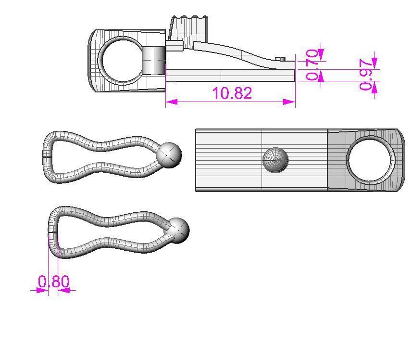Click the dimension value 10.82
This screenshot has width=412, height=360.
[x=232, y=93]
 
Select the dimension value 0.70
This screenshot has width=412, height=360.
[x=312, y=64]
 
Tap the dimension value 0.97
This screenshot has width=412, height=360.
[x=368, y=75]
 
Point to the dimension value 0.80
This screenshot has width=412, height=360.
[x=54, y=281]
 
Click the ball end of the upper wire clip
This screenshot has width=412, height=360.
[x=170, y=154]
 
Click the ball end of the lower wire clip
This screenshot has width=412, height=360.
[x=177, y=230]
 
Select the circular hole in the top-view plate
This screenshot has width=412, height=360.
[x=370, y=160]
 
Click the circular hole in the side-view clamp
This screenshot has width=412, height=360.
[x=121, y=61]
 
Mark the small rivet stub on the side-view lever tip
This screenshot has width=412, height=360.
[x=281, y=59]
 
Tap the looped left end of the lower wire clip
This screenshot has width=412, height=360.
[x=54, y=231]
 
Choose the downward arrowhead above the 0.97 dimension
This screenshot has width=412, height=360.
[x=375, y=63]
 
